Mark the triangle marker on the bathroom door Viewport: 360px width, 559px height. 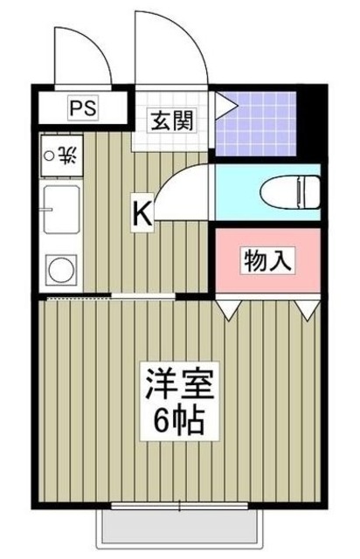click(x=225, y=107)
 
